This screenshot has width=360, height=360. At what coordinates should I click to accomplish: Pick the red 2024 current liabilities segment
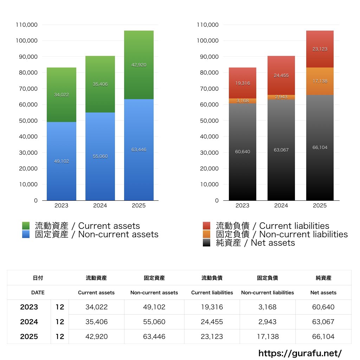point(281,76)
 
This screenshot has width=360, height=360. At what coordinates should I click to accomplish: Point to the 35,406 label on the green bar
point(100,84)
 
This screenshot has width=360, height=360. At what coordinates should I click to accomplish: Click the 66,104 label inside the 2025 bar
point(320,148)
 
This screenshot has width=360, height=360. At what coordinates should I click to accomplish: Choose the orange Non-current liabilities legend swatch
point(207,234)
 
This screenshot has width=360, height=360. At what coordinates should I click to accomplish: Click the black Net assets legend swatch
point(207,243)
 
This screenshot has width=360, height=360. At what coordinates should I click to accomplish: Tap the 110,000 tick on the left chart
point(27,25)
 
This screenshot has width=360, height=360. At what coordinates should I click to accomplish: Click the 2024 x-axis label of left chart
point(100,206)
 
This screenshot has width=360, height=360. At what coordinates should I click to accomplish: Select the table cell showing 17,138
point(268,336)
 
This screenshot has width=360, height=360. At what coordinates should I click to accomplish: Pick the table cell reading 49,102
point(154,307)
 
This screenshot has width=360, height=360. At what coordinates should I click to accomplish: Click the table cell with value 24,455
point(212,322)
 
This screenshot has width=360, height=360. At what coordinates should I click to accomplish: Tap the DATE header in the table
point(38,292)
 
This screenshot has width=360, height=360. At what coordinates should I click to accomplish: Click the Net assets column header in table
point(323,292)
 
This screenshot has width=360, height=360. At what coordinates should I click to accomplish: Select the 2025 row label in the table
point(29,336)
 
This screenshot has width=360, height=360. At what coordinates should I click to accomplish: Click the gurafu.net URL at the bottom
point(300,353)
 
